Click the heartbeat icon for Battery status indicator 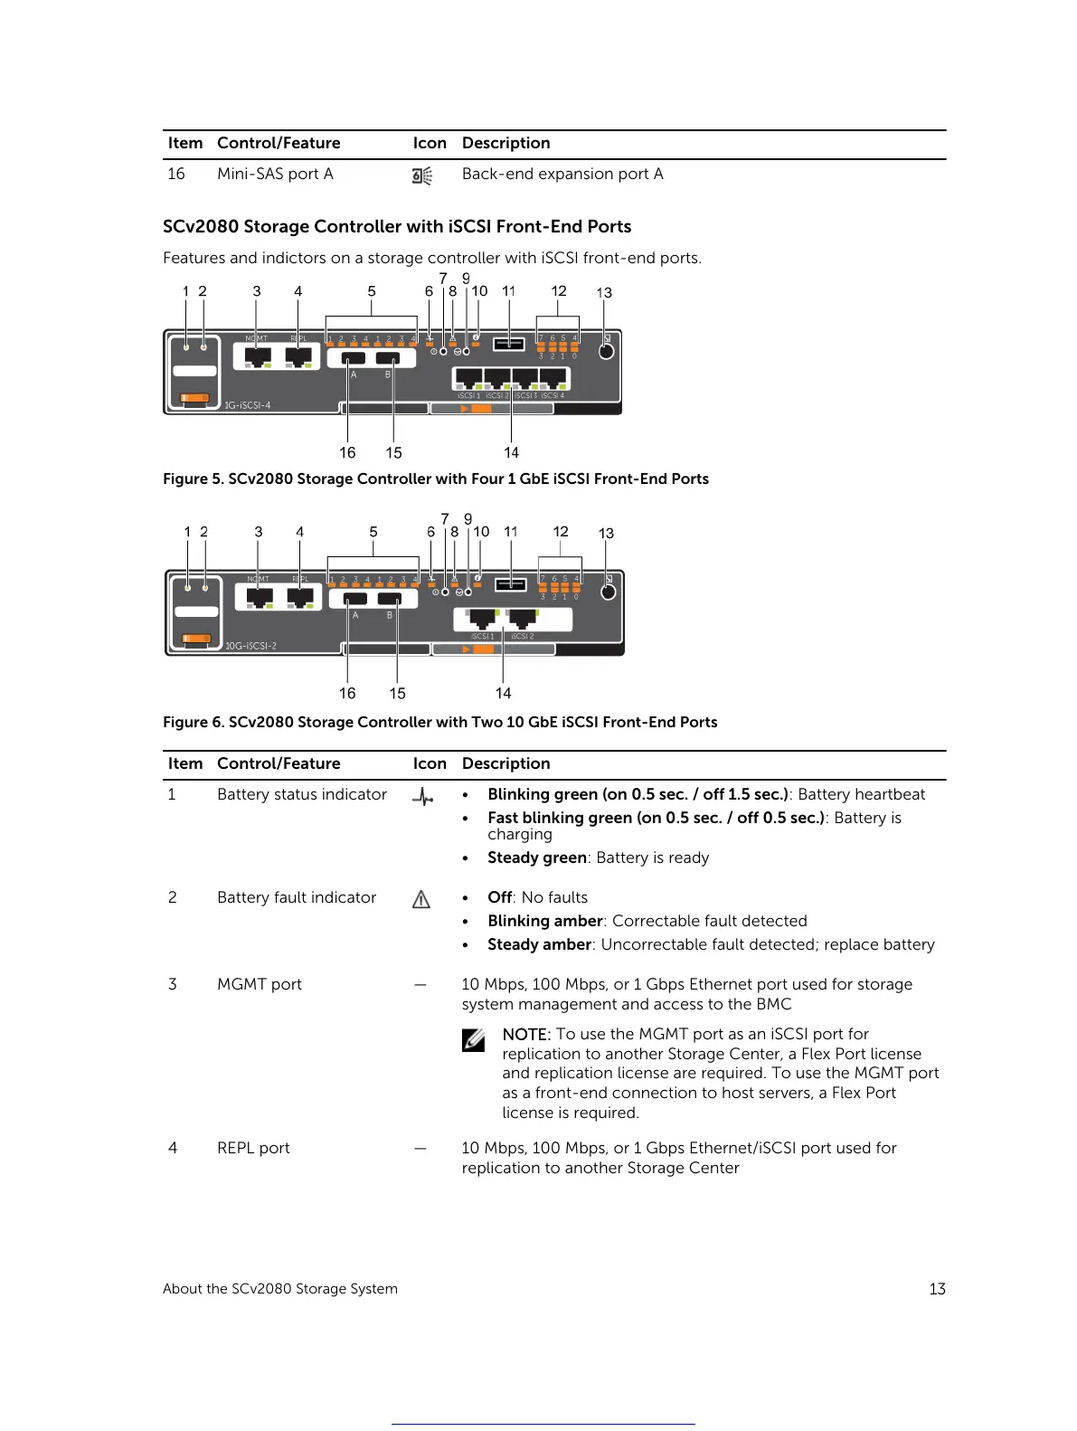tap(422, 796)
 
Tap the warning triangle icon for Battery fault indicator tap(421, 899)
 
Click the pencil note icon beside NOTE tap(474, 1040)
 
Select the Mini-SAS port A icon tap(422, 175)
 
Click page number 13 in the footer tap(937, 1288)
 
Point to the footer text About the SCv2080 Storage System tap(280, 1288)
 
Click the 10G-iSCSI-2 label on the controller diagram tap(250, 646)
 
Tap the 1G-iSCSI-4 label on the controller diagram tap(248, 404)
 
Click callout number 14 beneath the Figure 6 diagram tap(503, 693)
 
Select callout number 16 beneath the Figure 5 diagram tap(347, 452)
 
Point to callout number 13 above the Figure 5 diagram tap(604, 292)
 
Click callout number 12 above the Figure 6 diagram tap(561, 532)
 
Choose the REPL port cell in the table tap(253, 1148)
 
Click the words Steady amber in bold tap(539, 944)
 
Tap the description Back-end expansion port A tap(562, 174)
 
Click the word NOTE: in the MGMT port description tap(526, 1034)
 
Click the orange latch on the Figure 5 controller tap(194, 398)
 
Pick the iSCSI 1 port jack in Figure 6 tap(481, 619)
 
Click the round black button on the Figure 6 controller tap(609, 592)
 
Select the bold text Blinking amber tap(544, 921)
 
